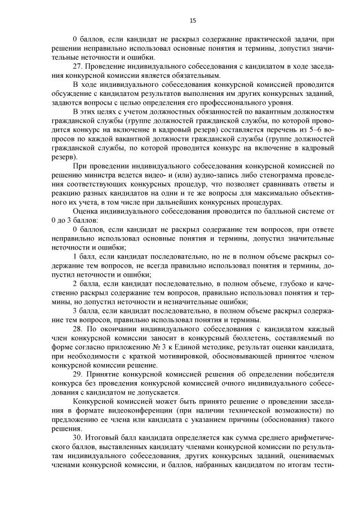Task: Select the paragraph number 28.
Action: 78,329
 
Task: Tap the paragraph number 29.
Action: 78,375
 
